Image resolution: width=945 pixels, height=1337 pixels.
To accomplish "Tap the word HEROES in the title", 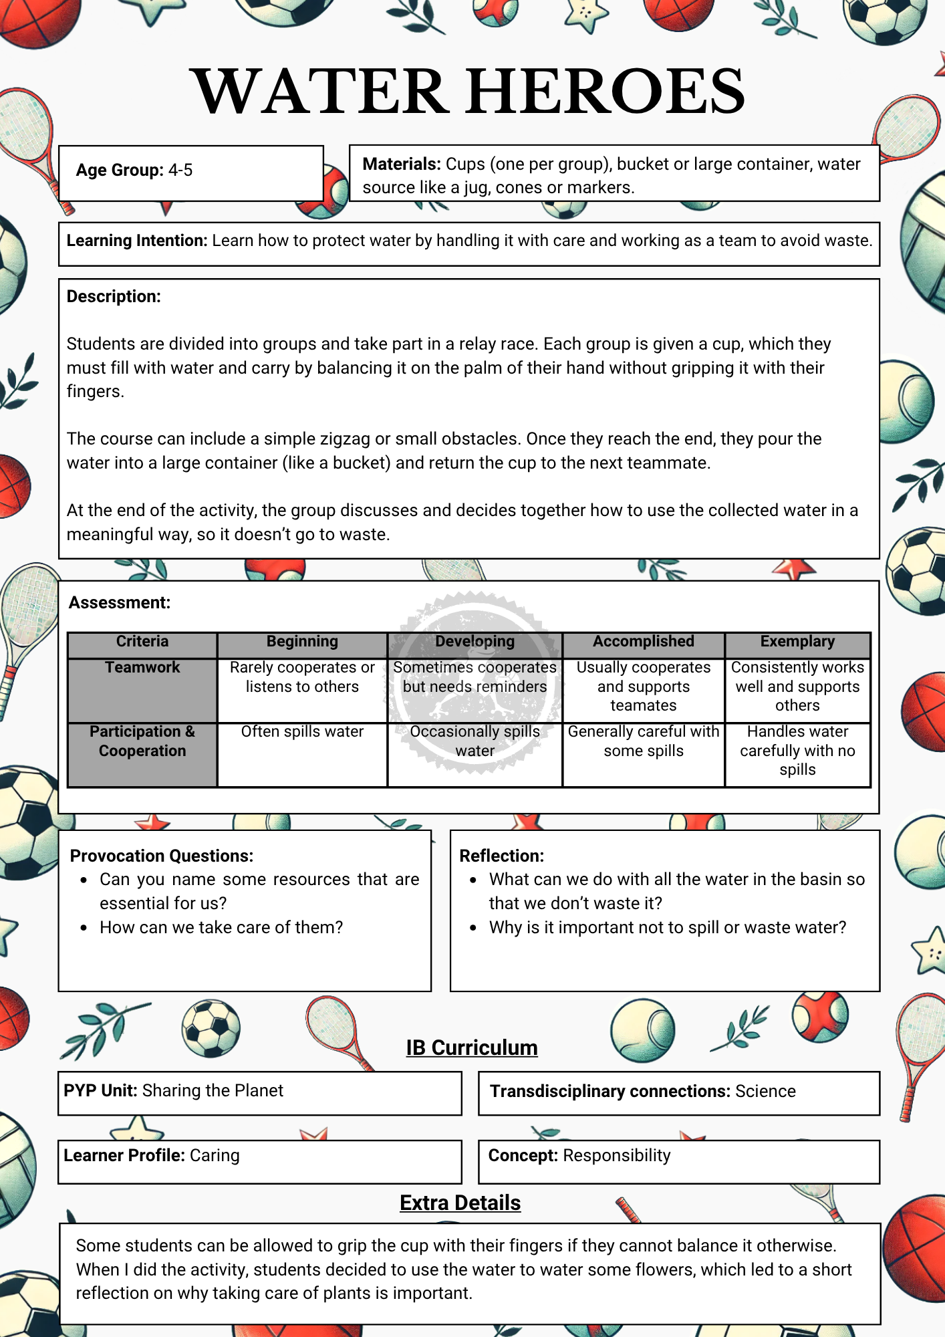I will [605, 92].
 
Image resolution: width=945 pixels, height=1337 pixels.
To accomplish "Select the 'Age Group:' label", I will [120, 170].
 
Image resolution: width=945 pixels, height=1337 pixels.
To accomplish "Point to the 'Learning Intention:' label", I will [137, 241].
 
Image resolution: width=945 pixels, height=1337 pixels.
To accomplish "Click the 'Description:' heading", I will [114, 297].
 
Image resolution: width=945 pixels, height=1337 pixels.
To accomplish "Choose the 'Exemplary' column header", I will [797, 642].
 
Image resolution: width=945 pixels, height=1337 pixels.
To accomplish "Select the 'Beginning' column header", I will [302, 642].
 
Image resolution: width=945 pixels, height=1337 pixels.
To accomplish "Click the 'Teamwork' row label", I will [142, 667].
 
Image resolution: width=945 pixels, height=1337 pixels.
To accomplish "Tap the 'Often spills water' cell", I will [302, 732].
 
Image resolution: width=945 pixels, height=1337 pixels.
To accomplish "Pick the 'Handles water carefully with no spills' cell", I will [797, 751].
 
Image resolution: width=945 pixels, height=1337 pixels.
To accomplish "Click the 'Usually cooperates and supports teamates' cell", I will [644, 687].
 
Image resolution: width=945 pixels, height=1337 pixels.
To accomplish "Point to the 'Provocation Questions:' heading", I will [162, 856].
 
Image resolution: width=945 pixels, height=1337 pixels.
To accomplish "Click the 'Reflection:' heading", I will [502, 856].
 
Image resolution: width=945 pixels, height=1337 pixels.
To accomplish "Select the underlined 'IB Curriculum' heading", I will [472, 1048].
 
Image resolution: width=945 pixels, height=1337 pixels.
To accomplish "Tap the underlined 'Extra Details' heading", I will [460, 1203].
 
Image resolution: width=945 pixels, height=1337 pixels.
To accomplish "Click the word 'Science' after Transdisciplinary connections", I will [765, 1092].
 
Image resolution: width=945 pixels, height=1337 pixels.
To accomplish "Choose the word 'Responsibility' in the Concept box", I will [616, 1156].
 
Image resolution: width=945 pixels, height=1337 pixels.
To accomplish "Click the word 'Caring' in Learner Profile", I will [215, 1156].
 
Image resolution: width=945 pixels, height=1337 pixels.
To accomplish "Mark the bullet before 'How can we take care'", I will [84, 929].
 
